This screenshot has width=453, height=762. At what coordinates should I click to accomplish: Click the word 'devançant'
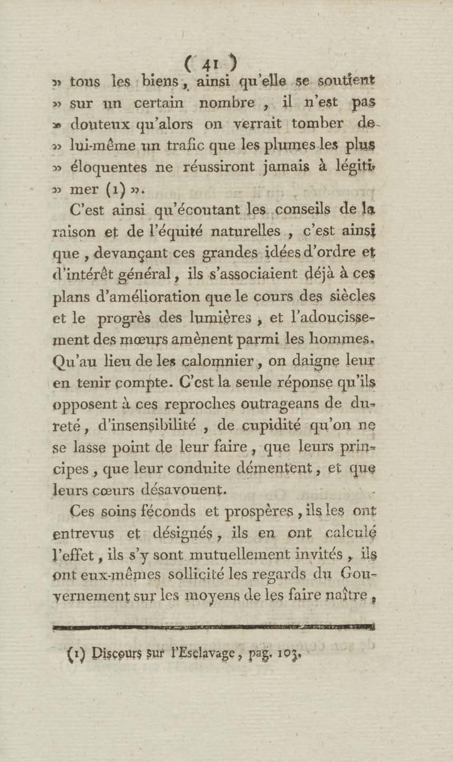coord(124,253)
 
